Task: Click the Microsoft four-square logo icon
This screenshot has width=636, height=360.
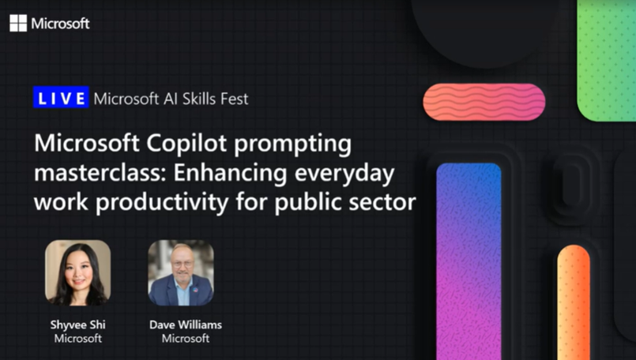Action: point(18,23)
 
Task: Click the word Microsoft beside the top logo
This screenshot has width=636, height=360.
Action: point(61,23)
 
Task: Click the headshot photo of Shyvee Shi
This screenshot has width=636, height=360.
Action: point(77,272)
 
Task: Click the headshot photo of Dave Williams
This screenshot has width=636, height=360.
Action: point(180,272)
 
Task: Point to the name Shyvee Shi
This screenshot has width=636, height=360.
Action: point(77,324)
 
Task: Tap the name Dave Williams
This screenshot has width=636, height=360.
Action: point(186,324)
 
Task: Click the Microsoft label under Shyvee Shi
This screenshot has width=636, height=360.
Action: point(77,338)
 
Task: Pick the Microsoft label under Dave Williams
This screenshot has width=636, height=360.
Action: point(186,338)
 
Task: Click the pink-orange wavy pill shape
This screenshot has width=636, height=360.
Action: point(484,102)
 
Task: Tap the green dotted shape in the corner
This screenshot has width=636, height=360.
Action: point(606,55)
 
